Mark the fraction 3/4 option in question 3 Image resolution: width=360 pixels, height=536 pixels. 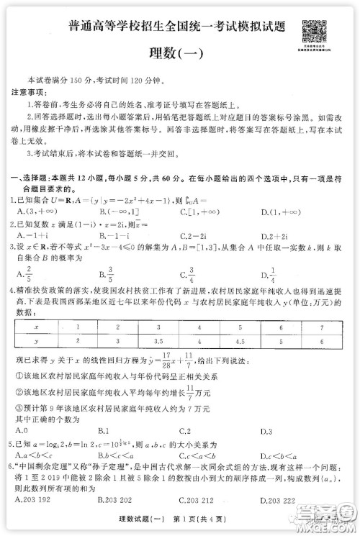(190, 274)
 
